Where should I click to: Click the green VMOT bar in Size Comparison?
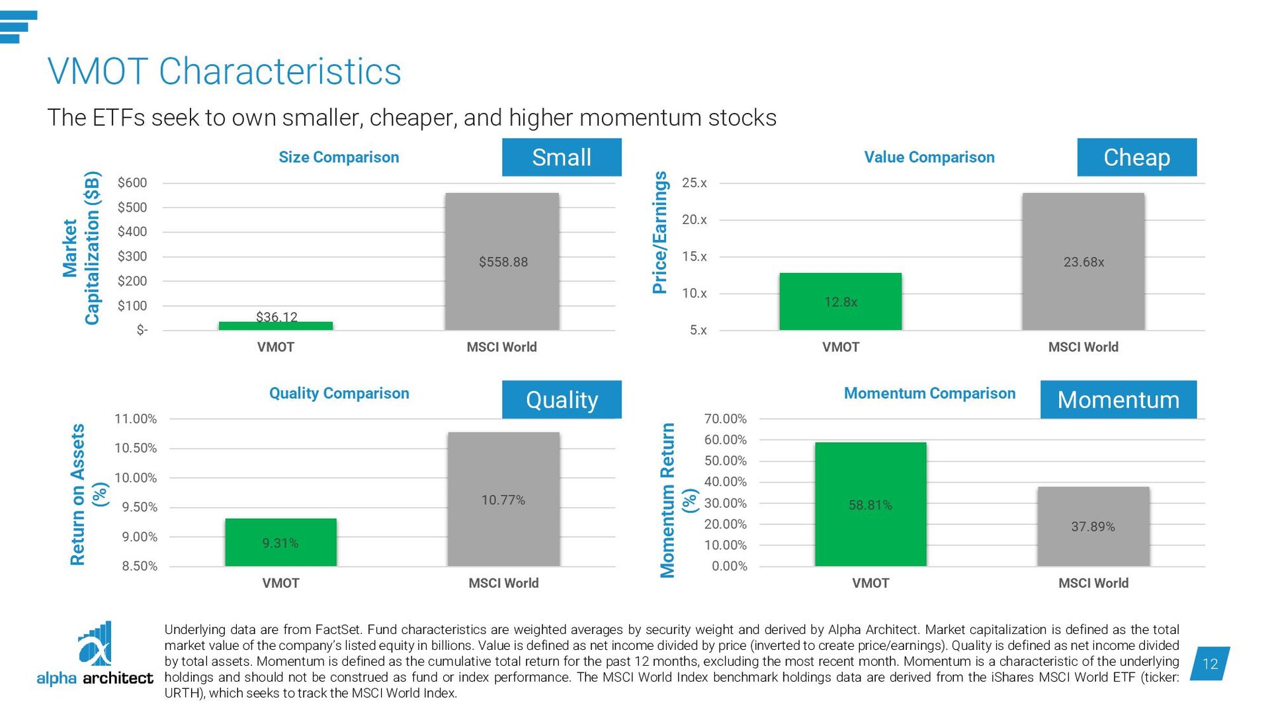(276, 325)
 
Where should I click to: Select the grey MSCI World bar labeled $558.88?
(502, 261)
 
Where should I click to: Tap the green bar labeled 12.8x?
(840, 301)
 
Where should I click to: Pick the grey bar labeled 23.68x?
(1083, 261)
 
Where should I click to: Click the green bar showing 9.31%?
(280, 542)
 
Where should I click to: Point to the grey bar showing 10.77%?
(503, 499)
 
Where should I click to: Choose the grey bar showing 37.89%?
(1093, 526)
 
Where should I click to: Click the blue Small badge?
(562, 157)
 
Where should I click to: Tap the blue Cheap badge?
(1136, 157)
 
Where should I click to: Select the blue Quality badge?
(562, 399)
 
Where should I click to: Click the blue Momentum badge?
(1118, 399)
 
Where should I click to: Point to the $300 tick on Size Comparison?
(132, 257)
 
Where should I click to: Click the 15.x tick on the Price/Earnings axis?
(695, 257)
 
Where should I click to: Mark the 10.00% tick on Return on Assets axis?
(136, 477)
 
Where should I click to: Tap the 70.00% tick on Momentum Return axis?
(725, 418)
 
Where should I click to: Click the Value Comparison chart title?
(929, 157)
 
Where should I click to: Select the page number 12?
(1210, 664)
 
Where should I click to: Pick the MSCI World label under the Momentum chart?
(1093, 583)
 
